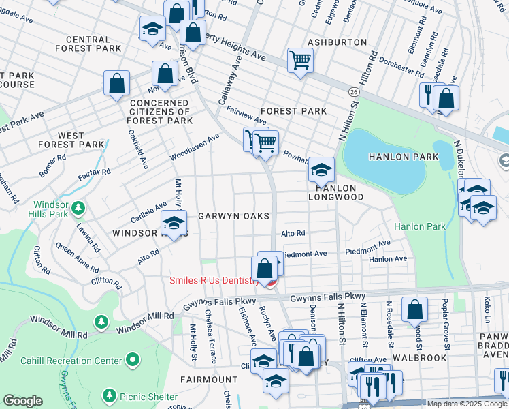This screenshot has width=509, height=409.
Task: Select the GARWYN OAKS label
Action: (233, 216)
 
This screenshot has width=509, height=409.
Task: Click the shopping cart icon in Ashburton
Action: (299, 60)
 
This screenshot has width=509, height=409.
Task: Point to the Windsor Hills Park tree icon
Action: (78, 207)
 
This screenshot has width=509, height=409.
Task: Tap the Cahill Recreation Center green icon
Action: (131, 359)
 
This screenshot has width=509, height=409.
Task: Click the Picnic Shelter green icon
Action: (108, 396)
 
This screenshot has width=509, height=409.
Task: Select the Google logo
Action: (23, 401)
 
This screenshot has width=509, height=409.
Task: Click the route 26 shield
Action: (353, 91)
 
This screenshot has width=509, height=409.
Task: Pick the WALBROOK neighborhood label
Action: (424, 357)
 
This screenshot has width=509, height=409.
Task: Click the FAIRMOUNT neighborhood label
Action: (209, 379)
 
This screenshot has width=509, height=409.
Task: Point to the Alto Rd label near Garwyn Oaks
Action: (293, 233)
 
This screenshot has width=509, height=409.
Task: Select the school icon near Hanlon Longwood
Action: (321, 170)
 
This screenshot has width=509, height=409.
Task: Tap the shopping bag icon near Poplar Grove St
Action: (414, 310)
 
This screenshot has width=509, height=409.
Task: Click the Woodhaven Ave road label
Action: (195, 147)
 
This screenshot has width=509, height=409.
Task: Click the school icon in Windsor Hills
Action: (174, 223)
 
